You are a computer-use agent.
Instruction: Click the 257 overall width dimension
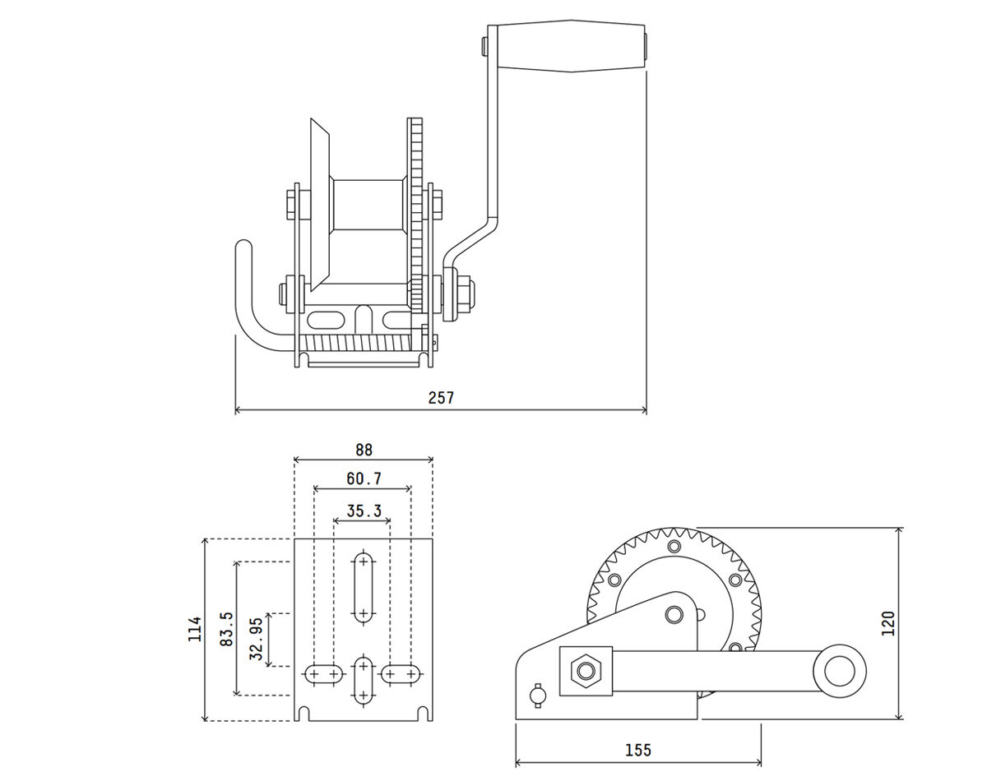pyautogui.click(x=441, y=398)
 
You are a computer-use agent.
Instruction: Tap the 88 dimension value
pyautogui.click(x=364, y=450)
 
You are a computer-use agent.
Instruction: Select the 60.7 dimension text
pyautogui.click(x=364, y=478)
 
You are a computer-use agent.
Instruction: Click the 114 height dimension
pyautogui.click(x=195, y=630)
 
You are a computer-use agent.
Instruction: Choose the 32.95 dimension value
pyautogui.click(x=256, y=640)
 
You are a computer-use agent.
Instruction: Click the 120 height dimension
pyautogui.click(x=887, y=623)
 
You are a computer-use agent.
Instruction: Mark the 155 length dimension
pyautogui.click(x=637, y=750)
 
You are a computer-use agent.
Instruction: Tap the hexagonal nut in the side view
pyautogui.click(x=585, y=671)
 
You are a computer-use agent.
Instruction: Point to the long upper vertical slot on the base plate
pyautogui.click(x=363, y=587)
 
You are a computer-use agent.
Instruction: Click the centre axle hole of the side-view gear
pyautogui.click(x=674, y=613)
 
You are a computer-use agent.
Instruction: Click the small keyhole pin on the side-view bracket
pyautogui.click(x=538, y=695)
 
